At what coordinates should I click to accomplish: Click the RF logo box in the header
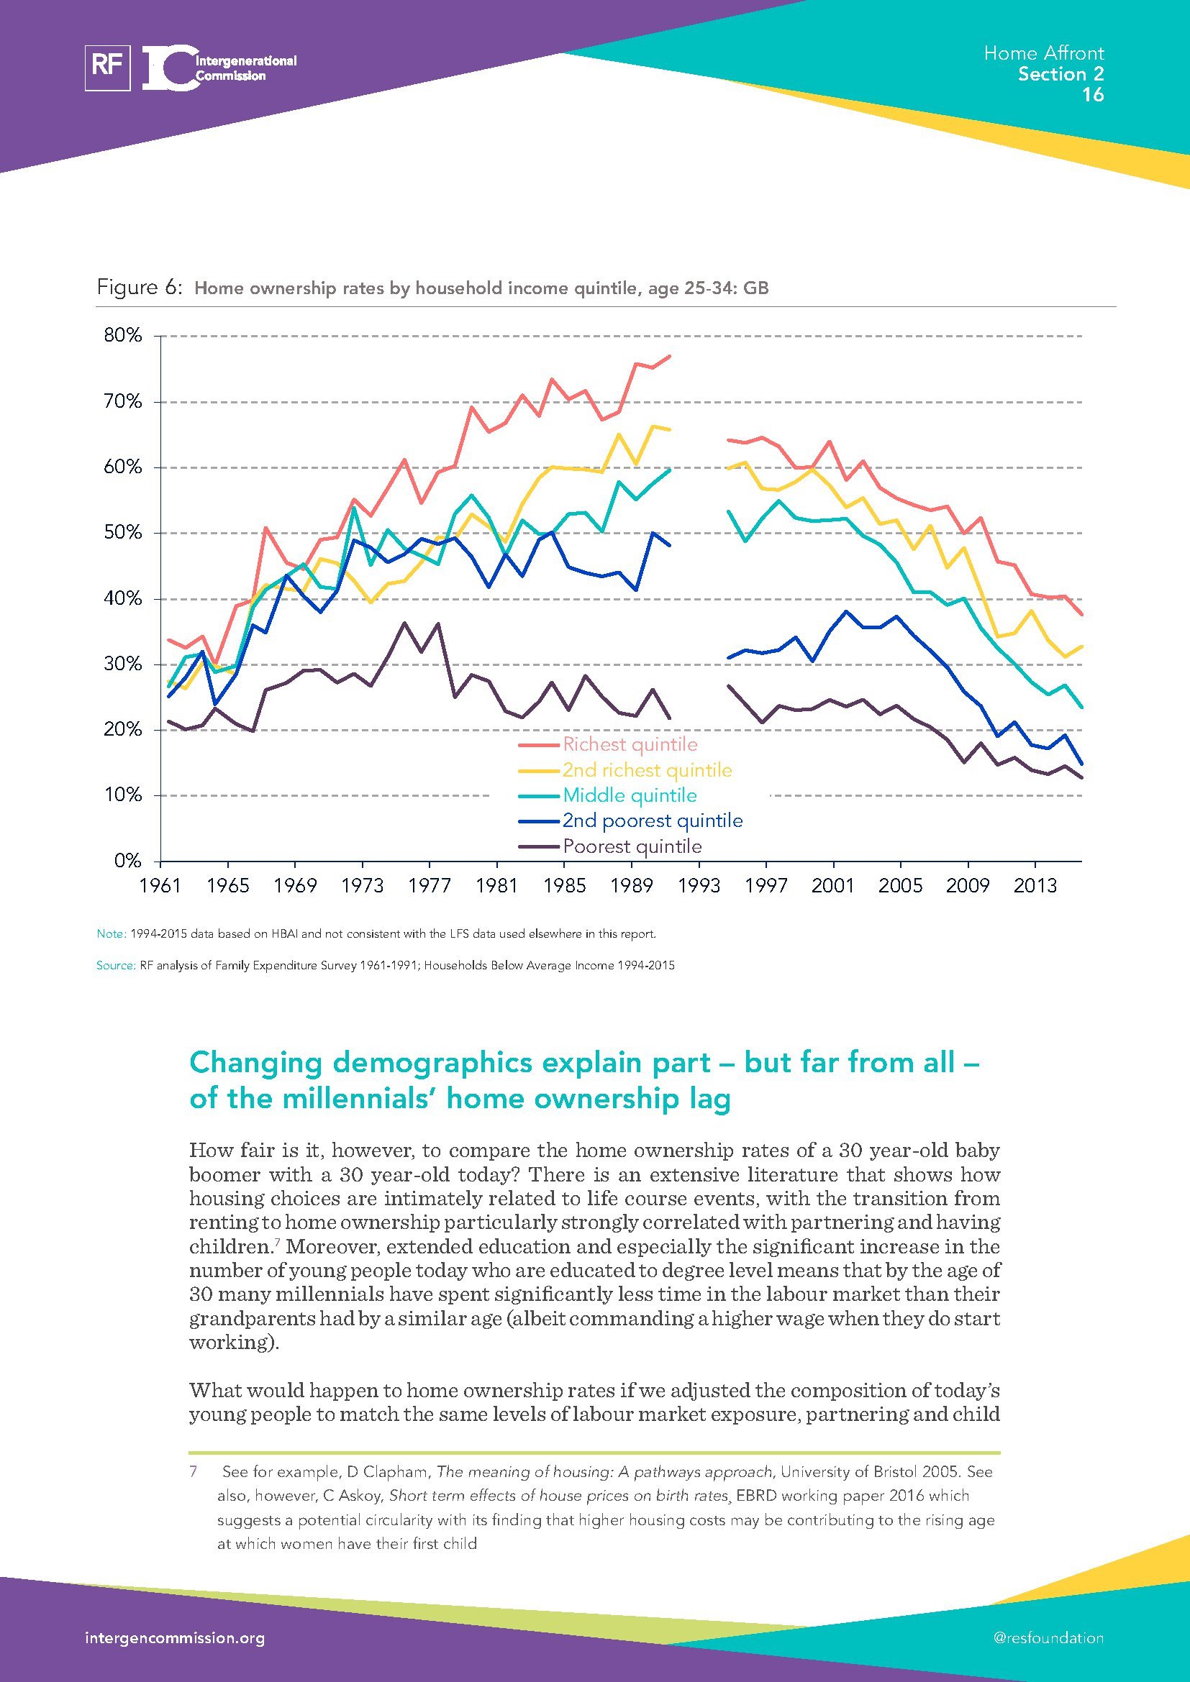[108, 68]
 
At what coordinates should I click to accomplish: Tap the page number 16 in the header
[1093, 95]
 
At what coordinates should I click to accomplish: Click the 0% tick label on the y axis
[127, 861]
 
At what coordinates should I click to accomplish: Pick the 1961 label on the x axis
[160, 886]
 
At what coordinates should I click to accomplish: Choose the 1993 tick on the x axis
[699, 886]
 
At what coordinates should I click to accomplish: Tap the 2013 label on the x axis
[1035, 886]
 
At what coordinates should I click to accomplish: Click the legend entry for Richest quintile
[630, 744]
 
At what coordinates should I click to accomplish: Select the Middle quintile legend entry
[630, 795]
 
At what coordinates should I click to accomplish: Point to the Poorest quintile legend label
[632, 847]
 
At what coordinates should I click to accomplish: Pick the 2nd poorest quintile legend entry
[652, 821]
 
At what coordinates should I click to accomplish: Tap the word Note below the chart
[112, 934]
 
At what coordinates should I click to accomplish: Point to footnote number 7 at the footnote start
[194, 1472]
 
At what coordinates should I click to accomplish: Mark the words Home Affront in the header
[1043, 53]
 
